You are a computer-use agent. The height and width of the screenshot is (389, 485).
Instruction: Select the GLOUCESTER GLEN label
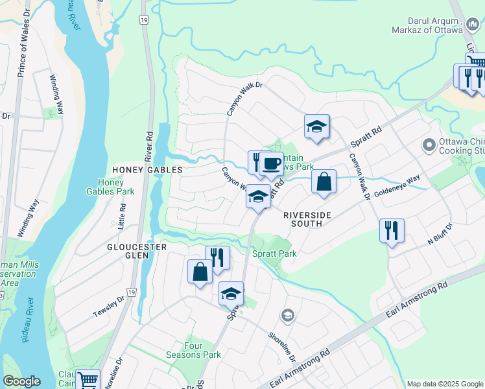coord(137,248)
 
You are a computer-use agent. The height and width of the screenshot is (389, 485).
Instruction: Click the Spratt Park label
coord(275,253)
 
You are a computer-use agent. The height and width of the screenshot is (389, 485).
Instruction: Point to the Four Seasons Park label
coord(202,350)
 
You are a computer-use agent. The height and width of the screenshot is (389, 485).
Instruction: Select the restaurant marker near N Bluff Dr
coord(392,230)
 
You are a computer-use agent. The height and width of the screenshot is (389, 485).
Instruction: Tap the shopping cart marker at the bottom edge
coord(88,379)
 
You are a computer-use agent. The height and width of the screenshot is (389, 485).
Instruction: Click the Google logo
coord(21,381)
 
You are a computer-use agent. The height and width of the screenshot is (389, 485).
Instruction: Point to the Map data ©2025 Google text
coord(445,384)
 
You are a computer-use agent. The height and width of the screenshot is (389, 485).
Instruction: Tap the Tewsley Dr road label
coord(108,307)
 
